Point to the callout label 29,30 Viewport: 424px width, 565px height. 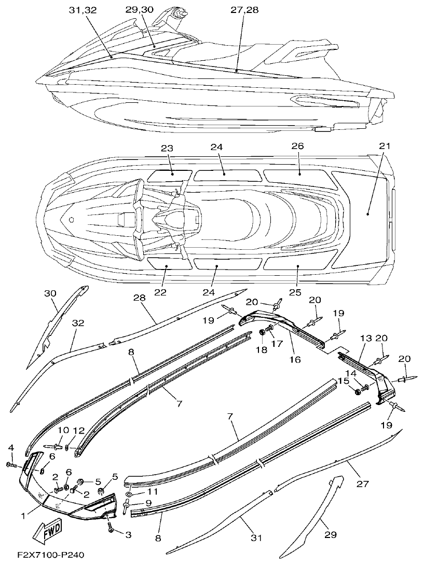click(x=140, y=10)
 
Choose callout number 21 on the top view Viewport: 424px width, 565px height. click(x=384, y=146)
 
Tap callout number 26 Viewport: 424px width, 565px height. click(x=297, y=146)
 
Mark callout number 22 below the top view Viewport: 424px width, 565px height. click(x=160, y=292)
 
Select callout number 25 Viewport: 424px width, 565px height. click(x=295, y=292)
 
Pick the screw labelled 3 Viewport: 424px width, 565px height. click(x=111, y=527)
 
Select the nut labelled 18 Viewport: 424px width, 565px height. click(x=262, y=332)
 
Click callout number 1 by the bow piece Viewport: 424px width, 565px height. click(x=23, y=516)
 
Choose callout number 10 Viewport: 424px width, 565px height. click(x=63, y=429)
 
